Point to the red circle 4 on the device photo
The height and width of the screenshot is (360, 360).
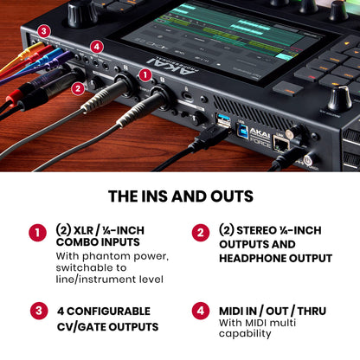(x=97, y=46)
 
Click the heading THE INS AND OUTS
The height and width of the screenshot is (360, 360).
(x=179, y=196)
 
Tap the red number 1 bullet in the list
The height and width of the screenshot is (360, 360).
(x=36, y=232)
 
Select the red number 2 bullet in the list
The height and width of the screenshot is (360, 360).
(x=201, y=232)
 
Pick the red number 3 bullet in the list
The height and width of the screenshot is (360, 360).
(x=36, y=311)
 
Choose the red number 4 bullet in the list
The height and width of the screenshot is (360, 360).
(x=201, y=311)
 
